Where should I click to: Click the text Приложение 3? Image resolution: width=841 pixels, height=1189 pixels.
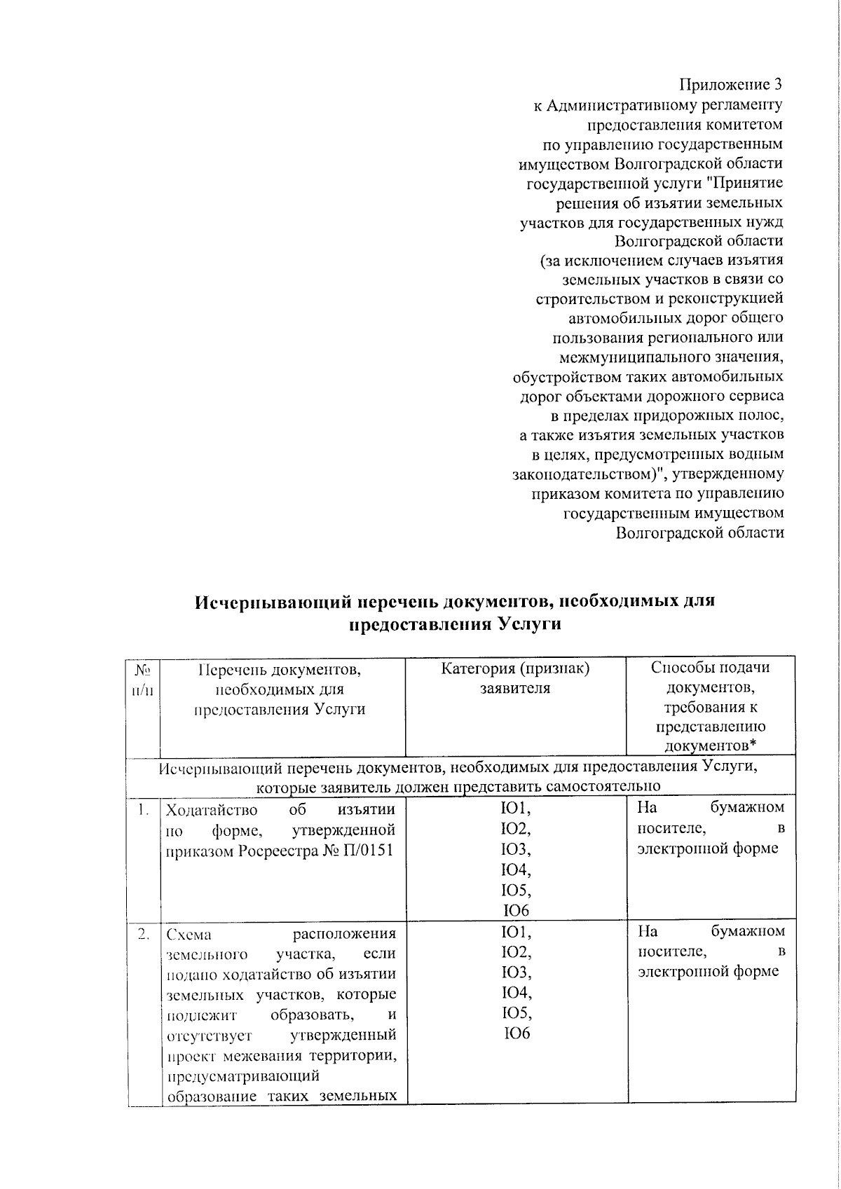click(730, 85)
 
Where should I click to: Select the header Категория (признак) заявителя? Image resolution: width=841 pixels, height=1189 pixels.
click(515, 678)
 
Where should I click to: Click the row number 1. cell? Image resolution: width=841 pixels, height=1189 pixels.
click(144, 810)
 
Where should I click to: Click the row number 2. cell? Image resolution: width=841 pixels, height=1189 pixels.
click(144, 934)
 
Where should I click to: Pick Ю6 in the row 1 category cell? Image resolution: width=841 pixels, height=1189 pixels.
click(516, 910)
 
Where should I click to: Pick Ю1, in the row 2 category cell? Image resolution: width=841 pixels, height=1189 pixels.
click(516, 932)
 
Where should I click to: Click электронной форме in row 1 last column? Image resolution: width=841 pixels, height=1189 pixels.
click(708, 848)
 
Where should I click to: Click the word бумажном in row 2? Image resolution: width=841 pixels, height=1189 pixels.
click(748, 931)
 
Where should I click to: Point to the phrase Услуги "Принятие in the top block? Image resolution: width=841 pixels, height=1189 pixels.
click(726, 184)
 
